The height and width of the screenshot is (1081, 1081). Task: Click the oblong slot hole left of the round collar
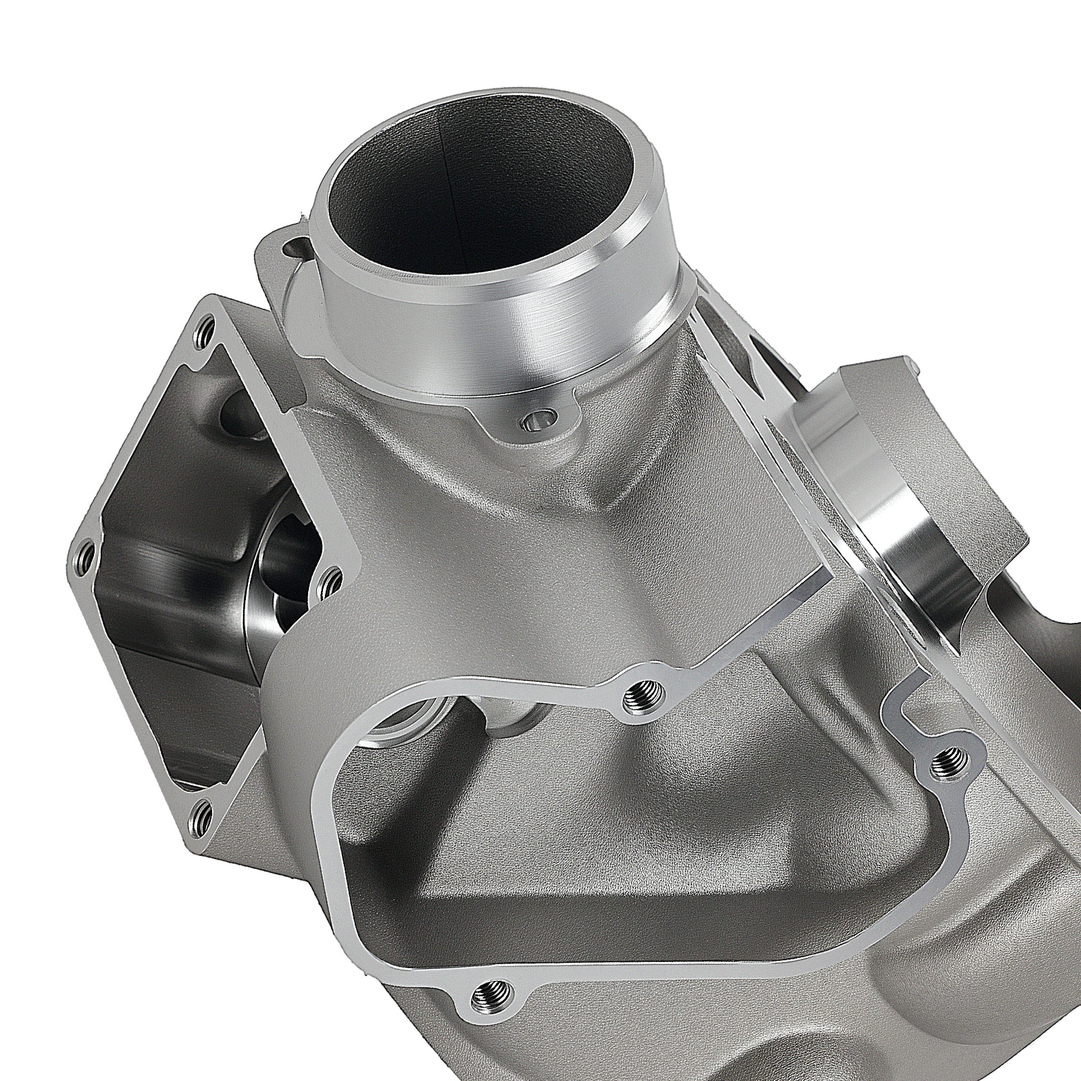pos(295,246)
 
